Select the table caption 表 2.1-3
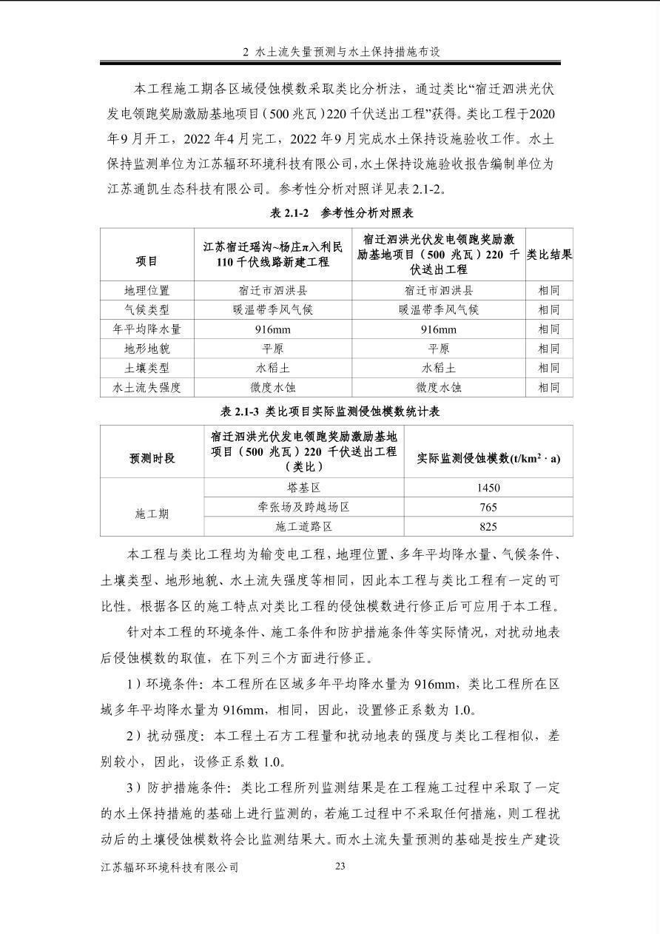pyautogui.click(x=330, y=411)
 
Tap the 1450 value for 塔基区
pyautogui.click(x=488, y=488)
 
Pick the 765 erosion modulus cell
pyautogui.click(x=488, y=507)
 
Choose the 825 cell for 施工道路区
pyautogui.click(x=488, y=526)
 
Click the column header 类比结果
pyautogui.click(x=549, y=254)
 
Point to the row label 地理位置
pyautogui.click(x=147, y=291)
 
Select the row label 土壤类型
pyautogui.click(x=147, y=368)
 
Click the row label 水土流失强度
pyautogui.click(x=147, y=387)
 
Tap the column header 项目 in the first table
pyautogui.click(x=147, y=261)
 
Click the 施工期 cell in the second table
pyautogui.click(x=152, y=513)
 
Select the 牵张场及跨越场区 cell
pyautogui.click(x=303, y=507)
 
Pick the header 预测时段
pyautogui.click(x=152, y=458)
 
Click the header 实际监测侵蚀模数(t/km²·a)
pyautogui.click(x=488, y=458)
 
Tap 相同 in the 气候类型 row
pyautogui.click(x=549, y=310)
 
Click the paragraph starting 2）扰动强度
pyautogui.click(x=330, y=748)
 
